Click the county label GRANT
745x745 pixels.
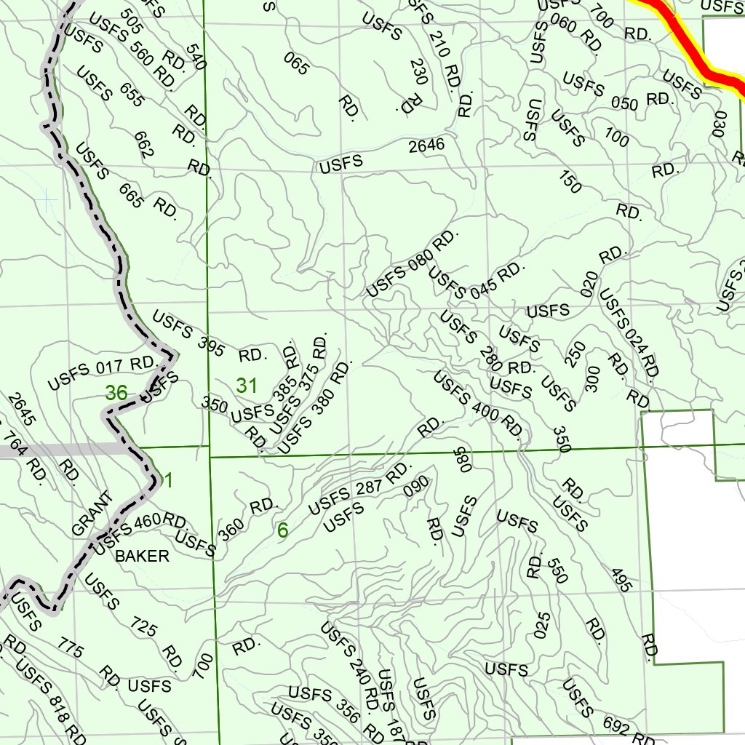click(x=92, y=514)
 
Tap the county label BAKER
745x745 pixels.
click(x=143, y=557)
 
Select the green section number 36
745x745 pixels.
click(x=116, y=394)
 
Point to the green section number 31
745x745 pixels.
click(x=247, y=386)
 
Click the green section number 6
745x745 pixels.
click(x=282, y=531)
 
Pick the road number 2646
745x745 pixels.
click(x=426, y=146)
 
